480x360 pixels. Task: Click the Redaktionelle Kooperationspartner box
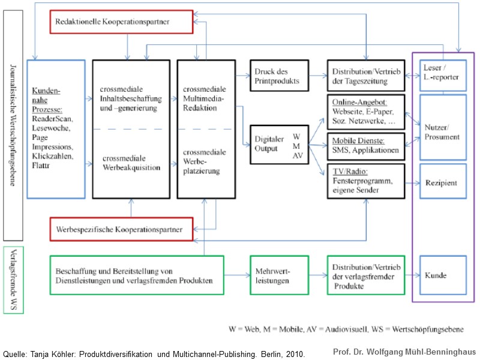point(121,22)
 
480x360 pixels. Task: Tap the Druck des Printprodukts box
point(279,76)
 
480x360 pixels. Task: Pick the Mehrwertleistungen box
point(279,275)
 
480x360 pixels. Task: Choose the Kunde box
point(443,275)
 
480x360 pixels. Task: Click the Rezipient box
point(443,182)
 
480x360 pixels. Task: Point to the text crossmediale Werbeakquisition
point(131,163)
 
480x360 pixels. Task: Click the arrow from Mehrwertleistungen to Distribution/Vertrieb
point(317,275)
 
